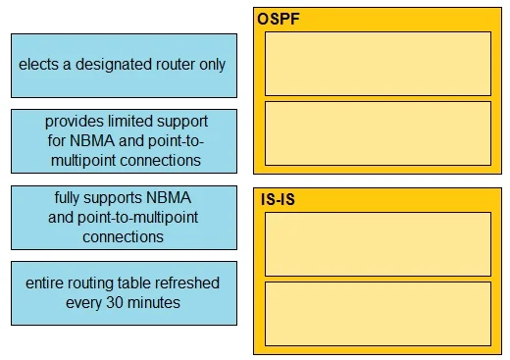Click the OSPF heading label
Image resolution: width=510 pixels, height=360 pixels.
pyautogui.click(x=279, y=19)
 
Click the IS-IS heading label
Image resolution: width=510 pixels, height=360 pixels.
pyautogui.click(x=278, y=199)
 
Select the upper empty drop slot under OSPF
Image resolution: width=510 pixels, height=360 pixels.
pyautogui.click(x=378, y=64)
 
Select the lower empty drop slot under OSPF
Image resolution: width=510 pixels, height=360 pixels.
pyautogui.click(x=378, y=133)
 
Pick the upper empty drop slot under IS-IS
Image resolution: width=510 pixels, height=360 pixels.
pyautogui.click(x=378, y=244)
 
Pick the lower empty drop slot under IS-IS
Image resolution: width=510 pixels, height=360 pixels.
pyautogui.click(x=378, y=314)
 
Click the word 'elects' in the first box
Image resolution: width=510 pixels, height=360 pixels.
pyautogui.click(x=38, y=64)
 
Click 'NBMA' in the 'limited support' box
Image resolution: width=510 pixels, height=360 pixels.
pyautogui.click(x=92, y=141)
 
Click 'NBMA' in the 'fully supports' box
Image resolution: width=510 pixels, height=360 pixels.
pyautogui.click(x=169, y=198)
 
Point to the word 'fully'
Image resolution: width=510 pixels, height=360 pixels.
pyautogui.click(x=67, y=198)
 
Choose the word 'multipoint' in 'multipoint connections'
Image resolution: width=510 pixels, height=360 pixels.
pyautogui.click(x=83, y=161)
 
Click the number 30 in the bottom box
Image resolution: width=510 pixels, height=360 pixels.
pyautogui.click(x=115, y=303)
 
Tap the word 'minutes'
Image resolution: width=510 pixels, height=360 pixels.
pyautogui.click(x=154, y=303)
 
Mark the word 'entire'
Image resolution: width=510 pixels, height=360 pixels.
pyautogui.click(x=44, y=283)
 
